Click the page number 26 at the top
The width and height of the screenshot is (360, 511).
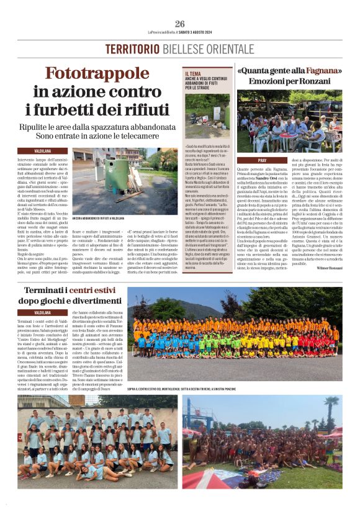coord(180,24)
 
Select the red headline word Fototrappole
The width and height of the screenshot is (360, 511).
coord(102,74)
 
